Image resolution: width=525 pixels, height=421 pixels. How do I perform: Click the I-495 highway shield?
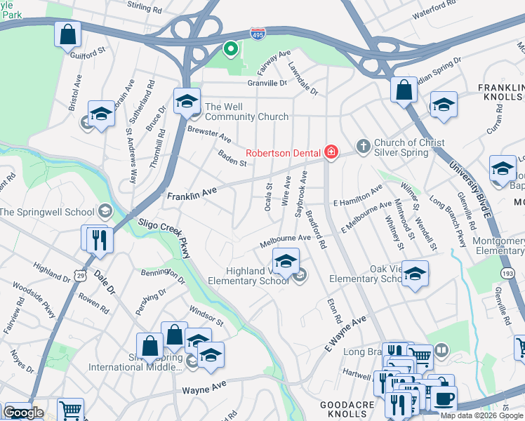(257, 33)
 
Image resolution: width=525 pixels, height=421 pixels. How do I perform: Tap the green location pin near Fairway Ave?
(230, 49)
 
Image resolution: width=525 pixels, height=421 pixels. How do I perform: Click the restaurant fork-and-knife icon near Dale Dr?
(98, 239)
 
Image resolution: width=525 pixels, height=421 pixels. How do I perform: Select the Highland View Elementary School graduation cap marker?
(286, 262)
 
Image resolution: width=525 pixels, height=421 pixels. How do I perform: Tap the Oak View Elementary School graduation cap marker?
(415, 274)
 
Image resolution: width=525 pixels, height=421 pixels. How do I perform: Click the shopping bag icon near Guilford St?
(67, 34)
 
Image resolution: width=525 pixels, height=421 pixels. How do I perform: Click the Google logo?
(23, 413)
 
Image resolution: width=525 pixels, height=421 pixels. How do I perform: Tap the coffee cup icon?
(443, 399)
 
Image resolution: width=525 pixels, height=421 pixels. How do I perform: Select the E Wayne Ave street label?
(345, 333)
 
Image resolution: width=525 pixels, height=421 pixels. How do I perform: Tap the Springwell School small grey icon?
(105, 210)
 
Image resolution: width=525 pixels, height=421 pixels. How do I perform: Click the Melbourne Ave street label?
(285, 239)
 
